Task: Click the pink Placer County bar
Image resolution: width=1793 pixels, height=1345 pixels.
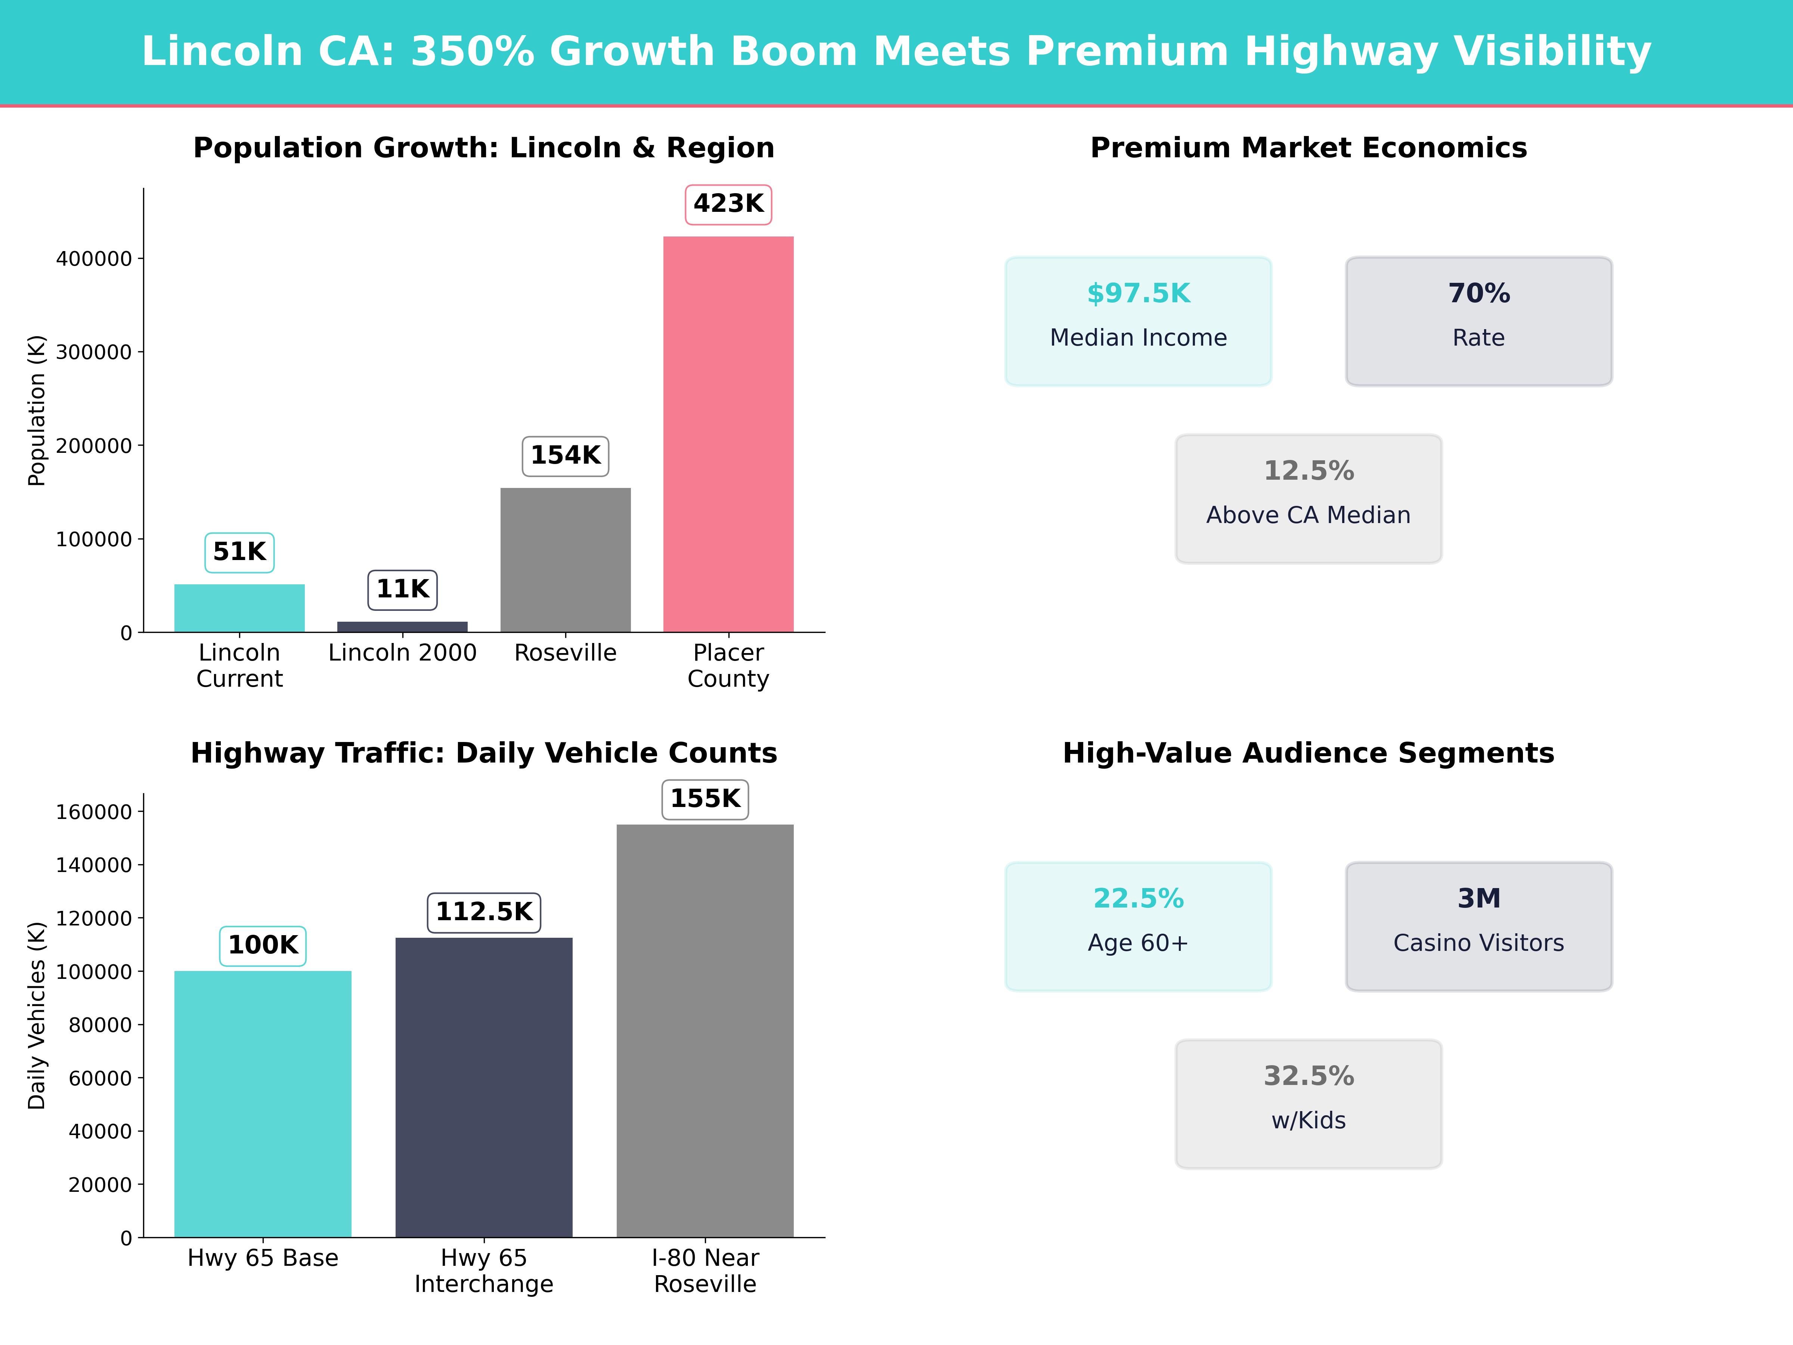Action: (728, 434)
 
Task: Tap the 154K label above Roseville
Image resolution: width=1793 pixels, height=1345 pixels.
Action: (565, 455)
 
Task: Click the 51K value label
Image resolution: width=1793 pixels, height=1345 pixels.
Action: (239, 552)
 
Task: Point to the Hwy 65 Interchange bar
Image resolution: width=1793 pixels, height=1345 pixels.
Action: (484, 1086)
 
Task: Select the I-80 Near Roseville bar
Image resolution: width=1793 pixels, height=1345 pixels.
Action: (704, 1030)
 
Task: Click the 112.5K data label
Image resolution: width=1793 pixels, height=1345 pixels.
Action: (484, 912)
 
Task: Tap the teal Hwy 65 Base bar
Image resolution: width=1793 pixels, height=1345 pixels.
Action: (263, 1103)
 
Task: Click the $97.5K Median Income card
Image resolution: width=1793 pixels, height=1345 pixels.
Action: (1138, 321)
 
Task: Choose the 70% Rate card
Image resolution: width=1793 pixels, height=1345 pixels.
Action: (1478, 321)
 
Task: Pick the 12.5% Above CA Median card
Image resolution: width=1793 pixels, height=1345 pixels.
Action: (1308, 499)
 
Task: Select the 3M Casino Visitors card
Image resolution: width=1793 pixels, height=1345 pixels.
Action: (1478, 926)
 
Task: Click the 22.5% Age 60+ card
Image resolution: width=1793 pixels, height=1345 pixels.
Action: (1138, 926)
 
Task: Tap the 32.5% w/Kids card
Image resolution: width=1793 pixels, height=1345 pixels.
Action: (1308, 1103)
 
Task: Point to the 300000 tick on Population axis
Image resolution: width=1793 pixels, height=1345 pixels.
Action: (93, 352)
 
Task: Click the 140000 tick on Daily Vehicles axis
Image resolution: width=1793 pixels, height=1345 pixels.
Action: (93, 865)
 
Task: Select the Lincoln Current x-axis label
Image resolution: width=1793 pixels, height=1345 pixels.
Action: (239, 666)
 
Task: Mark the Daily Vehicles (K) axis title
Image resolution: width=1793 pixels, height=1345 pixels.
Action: (37, 1015)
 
